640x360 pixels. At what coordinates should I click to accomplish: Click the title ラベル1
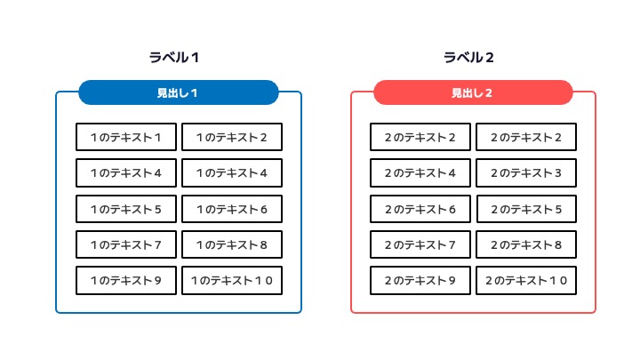174,58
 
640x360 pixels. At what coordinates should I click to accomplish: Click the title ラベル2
468,58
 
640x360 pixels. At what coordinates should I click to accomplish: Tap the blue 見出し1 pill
179,92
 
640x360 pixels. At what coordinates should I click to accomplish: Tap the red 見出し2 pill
473,92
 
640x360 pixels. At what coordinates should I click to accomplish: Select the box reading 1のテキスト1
126,137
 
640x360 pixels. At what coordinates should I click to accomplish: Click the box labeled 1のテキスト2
232,137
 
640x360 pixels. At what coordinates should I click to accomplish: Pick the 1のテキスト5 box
126,209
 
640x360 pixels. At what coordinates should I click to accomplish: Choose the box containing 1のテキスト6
232,209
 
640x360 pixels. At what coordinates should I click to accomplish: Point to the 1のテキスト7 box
126,244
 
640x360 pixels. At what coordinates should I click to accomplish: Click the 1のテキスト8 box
232,244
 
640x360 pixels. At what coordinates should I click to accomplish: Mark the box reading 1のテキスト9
126,280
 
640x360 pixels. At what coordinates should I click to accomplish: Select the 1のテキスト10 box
232,280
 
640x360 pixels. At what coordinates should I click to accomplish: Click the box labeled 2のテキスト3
526,173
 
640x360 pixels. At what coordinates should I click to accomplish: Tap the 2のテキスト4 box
420,173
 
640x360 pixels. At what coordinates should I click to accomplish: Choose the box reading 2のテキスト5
526,209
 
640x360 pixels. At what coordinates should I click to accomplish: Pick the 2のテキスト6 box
420,209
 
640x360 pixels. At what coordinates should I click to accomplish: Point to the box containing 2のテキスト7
420,244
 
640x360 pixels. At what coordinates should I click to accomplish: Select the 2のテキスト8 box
526,244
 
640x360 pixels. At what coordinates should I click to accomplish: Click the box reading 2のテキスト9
420,280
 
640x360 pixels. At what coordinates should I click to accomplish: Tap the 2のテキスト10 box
526,280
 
